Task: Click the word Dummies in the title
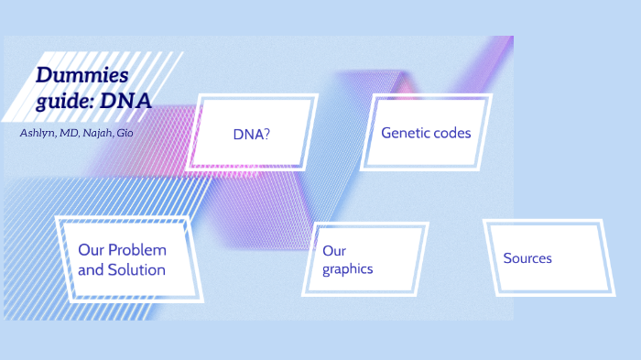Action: (x=81, y=75)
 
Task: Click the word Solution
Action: (x=136, y=270)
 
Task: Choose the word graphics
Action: (x=348, y=269)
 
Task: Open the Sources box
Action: (x=527, y=258)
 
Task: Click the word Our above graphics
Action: (x=334, y=251)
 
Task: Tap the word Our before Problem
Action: (x=91, y=250)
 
